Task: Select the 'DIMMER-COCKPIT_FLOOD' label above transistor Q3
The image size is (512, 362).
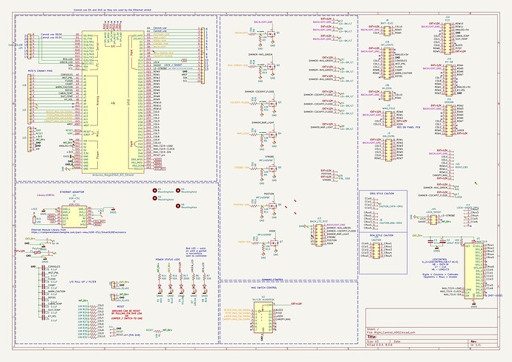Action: pyautogui.click(x=266, y=93)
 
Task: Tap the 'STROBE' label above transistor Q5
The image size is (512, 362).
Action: pyautogui.click(x=269, y=157)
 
